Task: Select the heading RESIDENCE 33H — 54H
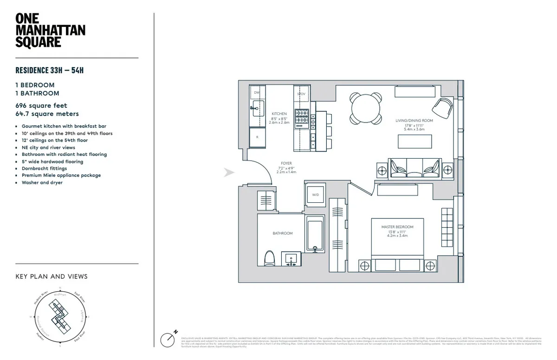[49, 71]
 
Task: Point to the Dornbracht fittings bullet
[44, 168]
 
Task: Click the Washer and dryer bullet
[42, 183]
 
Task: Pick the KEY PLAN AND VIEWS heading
[52, 276]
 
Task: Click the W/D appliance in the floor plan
[315, 194]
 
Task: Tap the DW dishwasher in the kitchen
[257, 93]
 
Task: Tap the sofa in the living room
[414, 168]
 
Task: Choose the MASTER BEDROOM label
[397, 227]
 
